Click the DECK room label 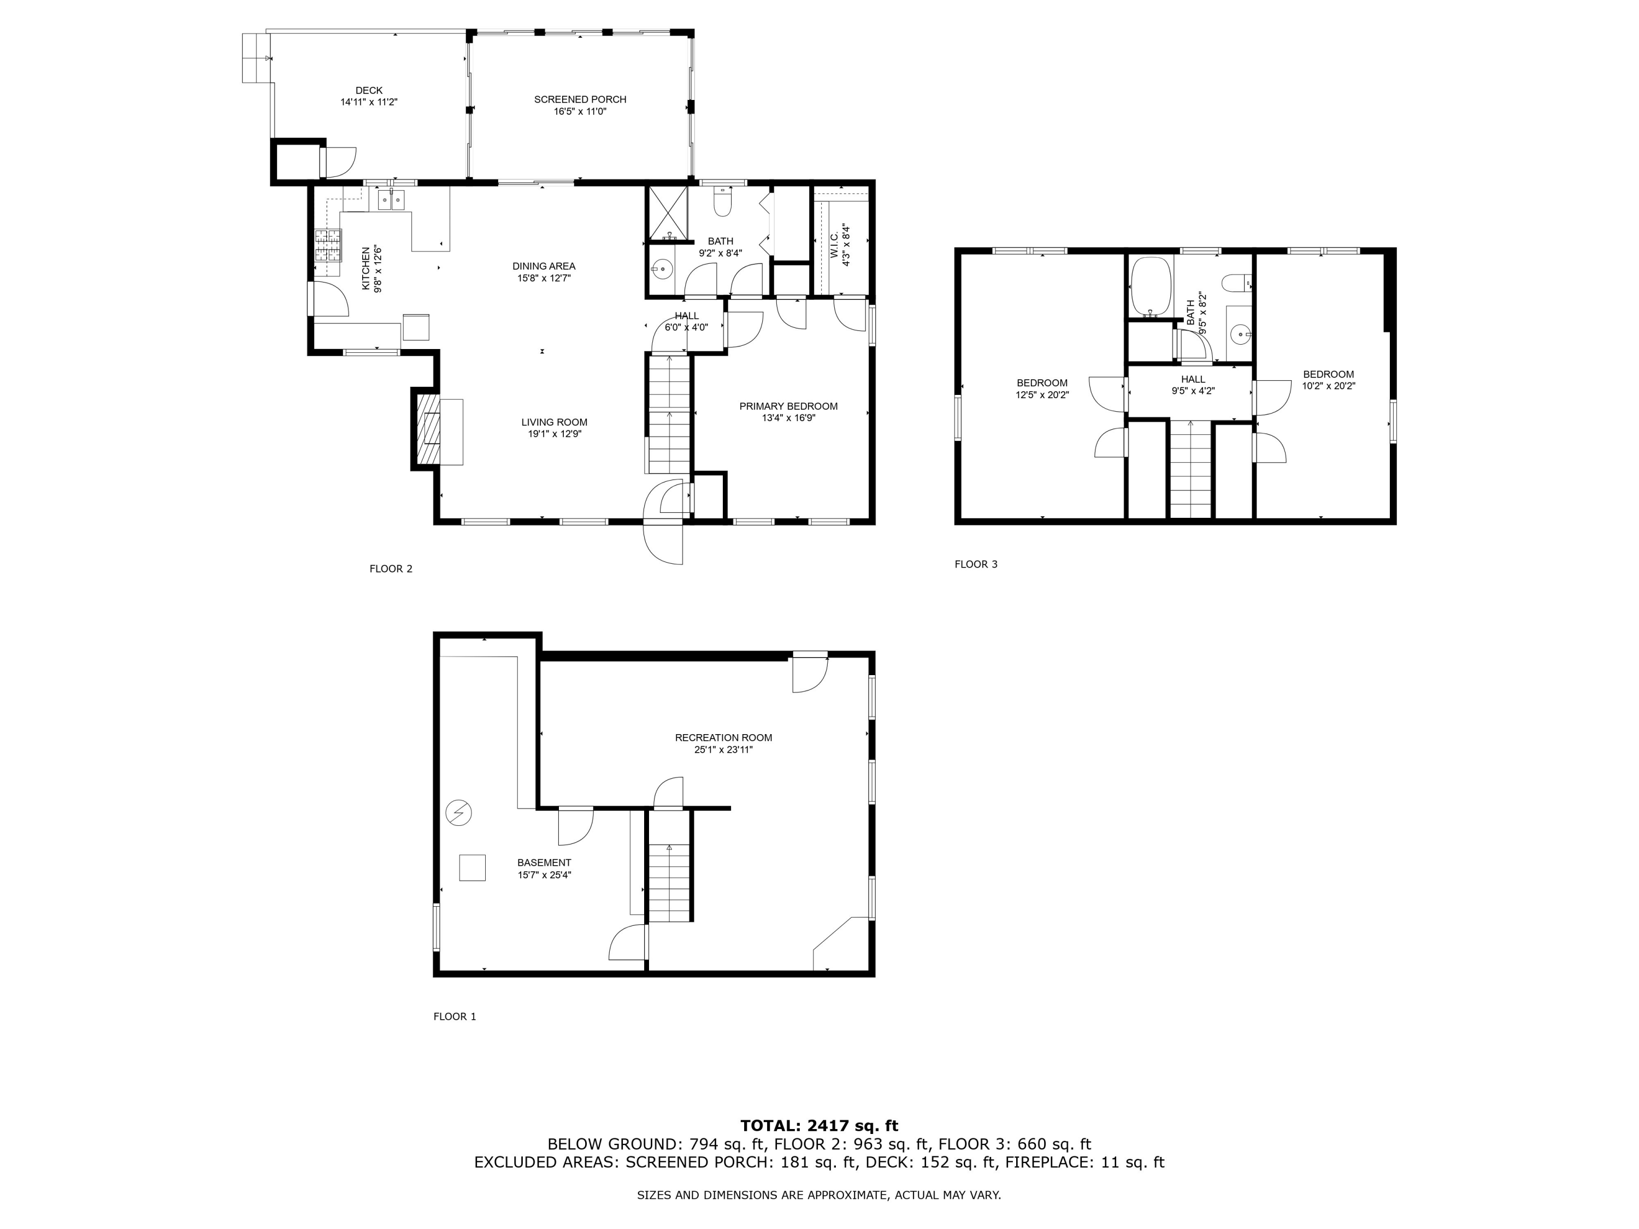pyautogui.click(x=369, y=90)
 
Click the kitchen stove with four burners pyautogui.click(x=328, y=245)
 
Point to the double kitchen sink pyautogui.click(x=391, y=199)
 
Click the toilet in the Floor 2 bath pyautogui.click(x=722, y=202)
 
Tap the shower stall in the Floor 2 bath pyautogui.click(x=668, y=214)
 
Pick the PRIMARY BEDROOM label pyautogui.click(x=788, y=406)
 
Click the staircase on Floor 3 pyautogui.click(x=1190, y=470)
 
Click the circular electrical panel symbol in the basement pyautogui.click(x=459, y=813)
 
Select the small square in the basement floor pyautogui.click(x=472, y=867)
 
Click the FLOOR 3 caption pyautogui.click(x=976, y=564)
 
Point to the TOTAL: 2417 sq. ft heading pyautogui.click(x=819, y=1126)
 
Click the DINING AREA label pyautogui.click(x=544, y=266)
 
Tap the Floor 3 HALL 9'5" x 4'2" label pyautogui.click(x=1193, y=385)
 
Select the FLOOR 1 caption pyautogui.click(x=454, y=1017)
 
